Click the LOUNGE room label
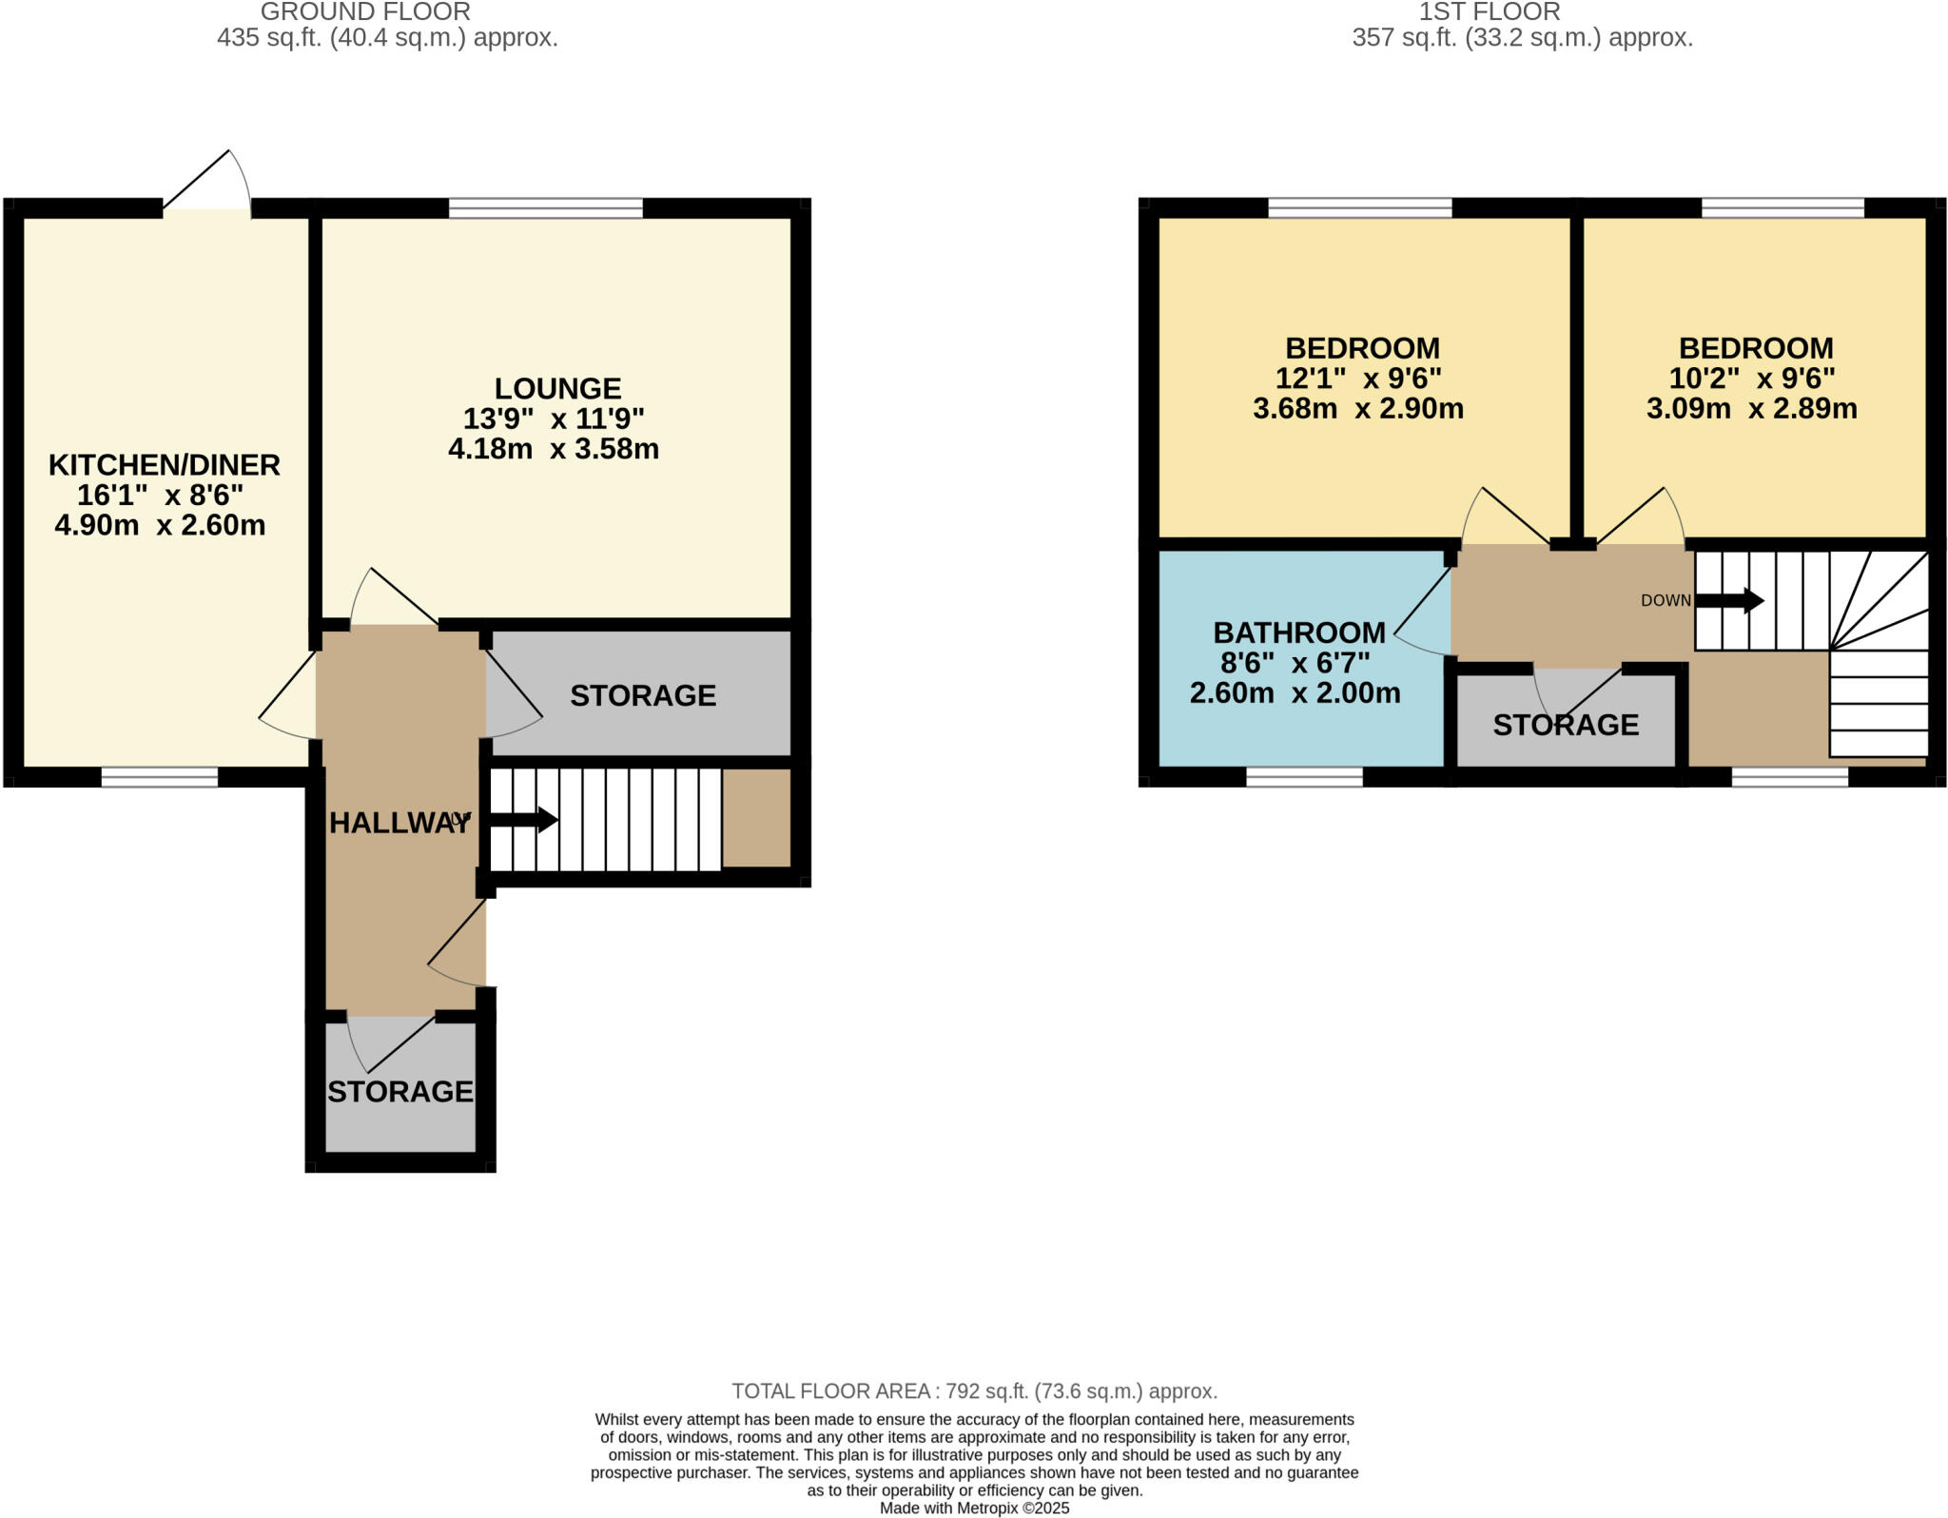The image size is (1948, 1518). click(x=557, y=388)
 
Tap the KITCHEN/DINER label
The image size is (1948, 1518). click(x=164, y=465)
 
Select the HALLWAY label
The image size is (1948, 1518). click(x=399, y=823)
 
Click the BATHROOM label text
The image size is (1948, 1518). click(x=1298, y=632)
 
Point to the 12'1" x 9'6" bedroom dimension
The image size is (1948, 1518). click(x=1357, y=379)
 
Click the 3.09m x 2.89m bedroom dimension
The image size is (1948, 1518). click(x=1751, y=409)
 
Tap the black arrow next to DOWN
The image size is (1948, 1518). click(x=1730, y=600)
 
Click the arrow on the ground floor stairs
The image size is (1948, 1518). click(x=523, y=820)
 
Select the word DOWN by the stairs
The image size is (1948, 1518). click(x=1666, y=601)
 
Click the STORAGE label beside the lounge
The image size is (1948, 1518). click(x=642, y=695)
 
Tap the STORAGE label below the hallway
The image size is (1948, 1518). click(x=399, y=1091)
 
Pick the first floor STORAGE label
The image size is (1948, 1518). click(x=1565, y=725)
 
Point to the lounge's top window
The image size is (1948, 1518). click(x=545, y=208)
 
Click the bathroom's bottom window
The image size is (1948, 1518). click(x=1304, y=777)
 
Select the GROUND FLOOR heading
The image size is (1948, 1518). click(x=365, y=12)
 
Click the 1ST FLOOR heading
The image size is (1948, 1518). click(x=1489, y=12)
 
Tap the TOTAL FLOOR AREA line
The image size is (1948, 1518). click(x=974, y=1391)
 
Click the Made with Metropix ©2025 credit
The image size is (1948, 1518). click(x=974, y=1508)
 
